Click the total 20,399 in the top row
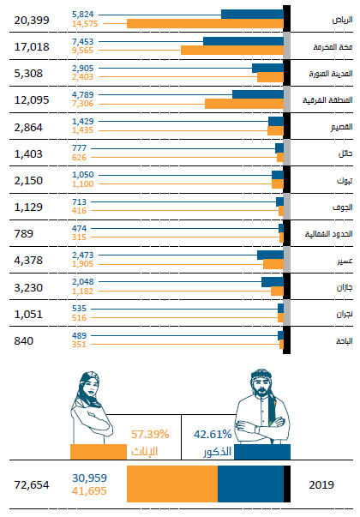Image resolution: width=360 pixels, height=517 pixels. click(x=32, y=21)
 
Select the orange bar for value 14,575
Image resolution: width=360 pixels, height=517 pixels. click(x=205, y=23)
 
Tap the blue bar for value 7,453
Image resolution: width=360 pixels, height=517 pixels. click(x=243, y=41)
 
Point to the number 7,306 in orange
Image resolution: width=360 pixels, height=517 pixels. click(x=83, y=104)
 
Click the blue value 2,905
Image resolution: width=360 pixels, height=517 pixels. click(x=83, y=69)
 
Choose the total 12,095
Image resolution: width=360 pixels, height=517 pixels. click(x=32, y=100)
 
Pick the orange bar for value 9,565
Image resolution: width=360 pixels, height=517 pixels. click(x=232, y=50)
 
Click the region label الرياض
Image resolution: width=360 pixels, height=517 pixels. click(x=342, y=20)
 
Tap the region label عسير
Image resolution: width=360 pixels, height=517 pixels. click(x=345, y=261)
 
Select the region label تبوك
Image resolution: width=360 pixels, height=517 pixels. click(x=345, y=181)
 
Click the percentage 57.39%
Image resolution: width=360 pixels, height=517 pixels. click(x=150, y=434)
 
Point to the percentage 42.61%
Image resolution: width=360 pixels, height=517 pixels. click(x=213, y=434)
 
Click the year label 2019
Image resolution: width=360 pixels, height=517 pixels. click(x=321, y=484)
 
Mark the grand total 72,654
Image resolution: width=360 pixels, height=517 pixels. click(x=32, y=485)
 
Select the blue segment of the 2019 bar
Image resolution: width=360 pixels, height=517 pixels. click(x=250, y=484)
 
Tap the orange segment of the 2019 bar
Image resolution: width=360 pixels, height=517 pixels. click(x=172, y=484)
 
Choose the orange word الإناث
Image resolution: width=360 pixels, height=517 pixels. click(x=144, y=451)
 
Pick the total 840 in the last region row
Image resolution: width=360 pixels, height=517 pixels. click(x=24, y=341)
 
